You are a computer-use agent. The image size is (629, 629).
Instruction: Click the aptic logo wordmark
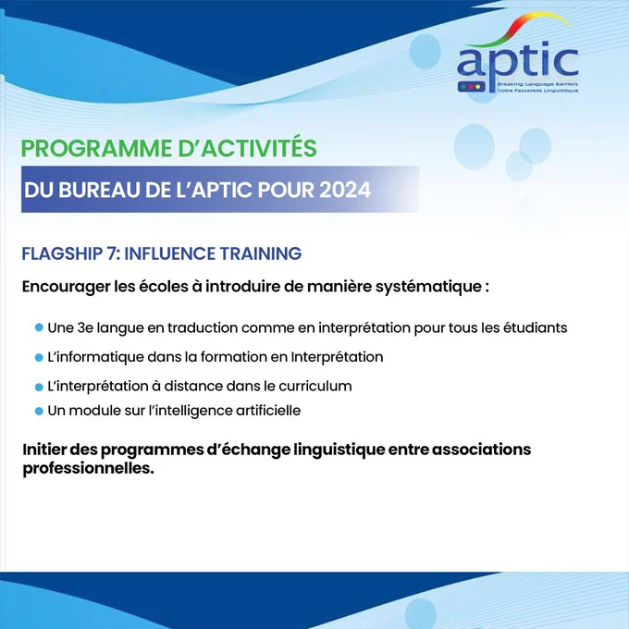517,64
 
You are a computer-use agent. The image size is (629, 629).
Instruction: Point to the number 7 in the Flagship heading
112,253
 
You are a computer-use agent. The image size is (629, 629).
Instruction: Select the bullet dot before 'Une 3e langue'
39,327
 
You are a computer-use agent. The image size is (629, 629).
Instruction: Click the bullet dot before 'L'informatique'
39,357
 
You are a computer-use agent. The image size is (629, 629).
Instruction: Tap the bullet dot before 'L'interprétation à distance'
39,387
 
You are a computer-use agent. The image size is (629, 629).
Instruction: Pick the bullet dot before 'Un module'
39,412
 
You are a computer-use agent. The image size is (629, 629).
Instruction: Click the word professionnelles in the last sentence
88,468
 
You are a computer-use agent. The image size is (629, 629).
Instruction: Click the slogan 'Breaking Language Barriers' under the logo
537,84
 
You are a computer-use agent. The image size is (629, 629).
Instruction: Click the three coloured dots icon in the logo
471,87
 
